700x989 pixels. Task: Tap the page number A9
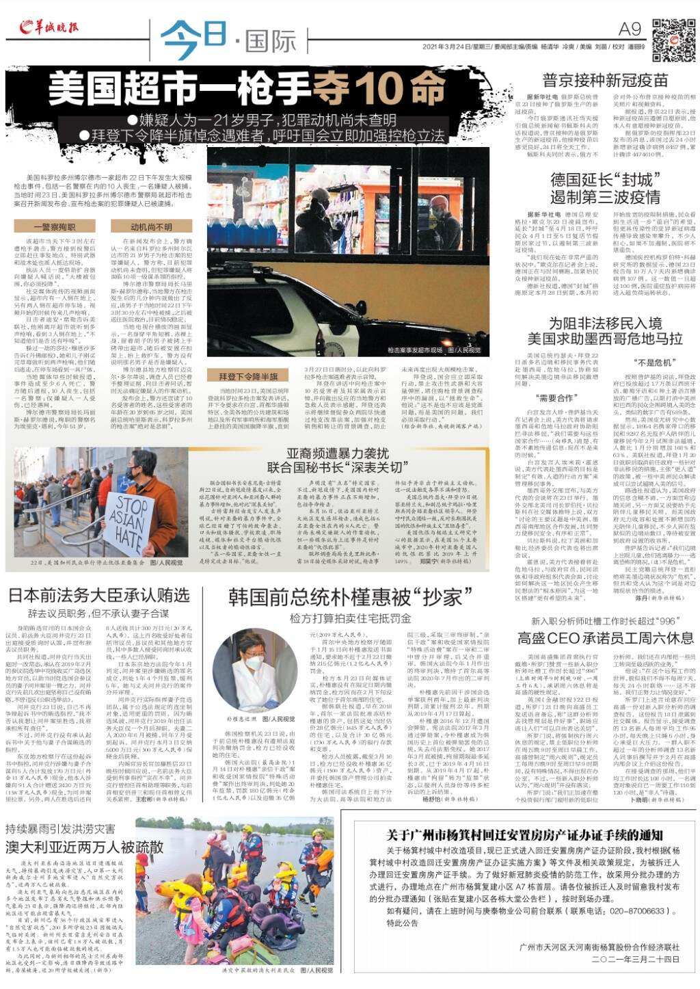point(630,29)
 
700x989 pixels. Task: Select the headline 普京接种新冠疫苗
point(605,80)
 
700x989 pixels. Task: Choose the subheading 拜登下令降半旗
point(248,376)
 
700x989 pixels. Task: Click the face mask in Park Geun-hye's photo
point(254,663)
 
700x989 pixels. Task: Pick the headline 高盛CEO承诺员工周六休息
point(605,637)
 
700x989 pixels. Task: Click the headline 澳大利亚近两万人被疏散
point(85,847)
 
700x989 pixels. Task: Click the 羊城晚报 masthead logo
point(49,27)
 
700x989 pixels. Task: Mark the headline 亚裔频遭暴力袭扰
point(337,453)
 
